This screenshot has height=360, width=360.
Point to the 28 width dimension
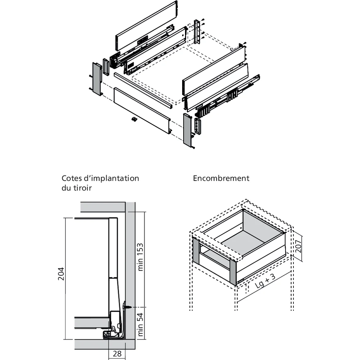(x=117, y=354)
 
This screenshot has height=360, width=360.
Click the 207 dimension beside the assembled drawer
(x=298, y=249)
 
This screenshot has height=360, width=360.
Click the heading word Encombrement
(x=221, y=178)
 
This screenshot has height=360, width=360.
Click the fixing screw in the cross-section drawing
(x=127, y=307)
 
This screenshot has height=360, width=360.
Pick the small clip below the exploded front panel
(x=134, y=119)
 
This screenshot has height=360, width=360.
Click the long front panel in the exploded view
(x=142, y=110)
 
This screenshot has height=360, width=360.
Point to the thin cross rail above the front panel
(x=143, y=89)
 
